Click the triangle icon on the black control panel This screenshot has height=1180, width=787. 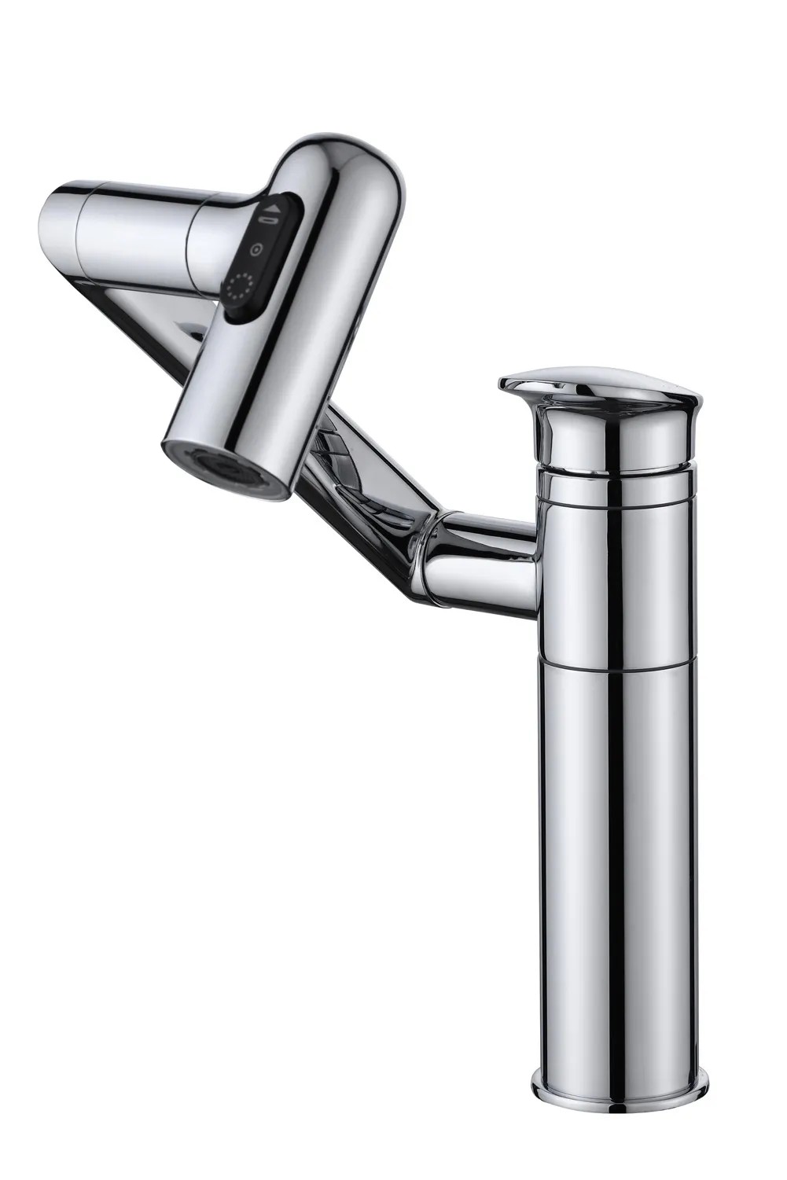(x=274, y=209)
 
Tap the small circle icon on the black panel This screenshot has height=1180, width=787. (x=256, y=250)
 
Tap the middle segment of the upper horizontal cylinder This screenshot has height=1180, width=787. (x=142, y=228)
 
